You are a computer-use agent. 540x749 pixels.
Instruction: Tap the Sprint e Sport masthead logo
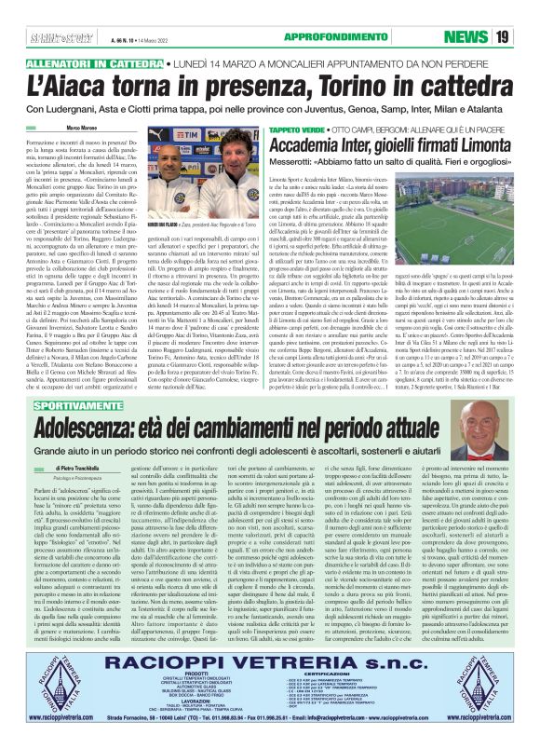coord(49,37)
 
